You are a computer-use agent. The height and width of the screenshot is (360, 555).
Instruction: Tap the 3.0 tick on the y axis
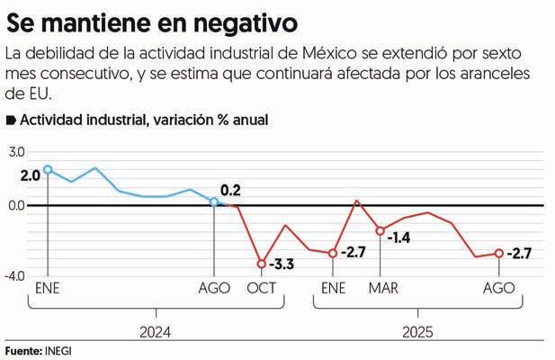coord(17,152)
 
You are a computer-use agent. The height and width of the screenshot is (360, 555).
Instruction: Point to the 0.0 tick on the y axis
coord(17,205)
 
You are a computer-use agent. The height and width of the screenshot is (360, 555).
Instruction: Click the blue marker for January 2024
coord(48,169)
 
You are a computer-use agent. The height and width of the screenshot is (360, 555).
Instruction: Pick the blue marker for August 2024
coord(213,202)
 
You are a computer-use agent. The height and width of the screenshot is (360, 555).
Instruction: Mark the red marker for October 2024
coord(262,264)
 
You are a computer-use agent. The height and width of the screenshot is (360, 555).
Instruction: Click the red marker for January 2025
coord(333,253)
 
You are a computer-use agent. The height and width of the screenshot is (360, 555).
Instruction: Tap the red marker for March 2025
coord(380,230)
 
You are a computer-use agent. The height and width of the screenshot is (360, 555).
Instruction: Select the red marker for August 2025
coord(499,253)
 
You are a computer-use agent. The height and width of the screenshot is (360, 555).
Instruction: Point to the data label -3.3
coord(282,265)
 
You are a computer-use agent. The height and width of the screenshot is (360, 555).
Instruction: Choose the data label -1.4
coord(398,238)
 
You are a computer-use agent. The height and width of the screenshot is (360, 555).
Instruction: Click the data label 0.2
coord(230,190)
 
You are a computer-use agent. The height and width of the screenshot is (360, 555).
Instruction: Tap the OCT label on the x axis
coord(262,288)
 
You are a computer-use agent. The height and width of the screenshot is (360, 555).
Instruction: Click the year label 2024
coord(155,331)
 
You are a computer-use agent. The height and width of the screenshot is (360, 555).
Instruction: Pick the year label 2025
coord(416,331)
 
